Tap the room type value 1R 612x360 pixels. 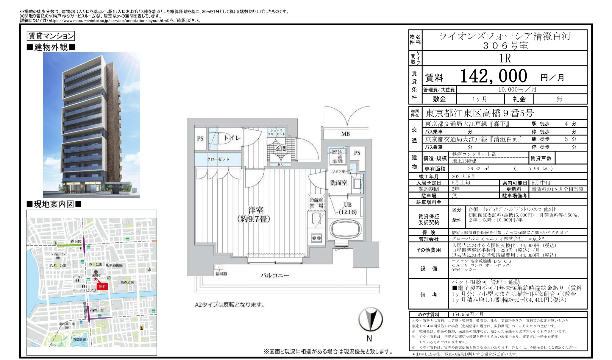(505, 58)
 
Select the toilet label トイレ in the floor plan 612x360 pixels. (232, 138)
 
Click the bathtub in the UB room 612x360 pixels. (345, 229)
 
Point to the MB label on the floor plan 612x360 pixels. (345, 134)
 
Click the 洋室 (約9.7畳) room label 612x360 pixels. (254, 215)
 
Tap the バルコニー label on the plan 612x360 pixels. (274, 275)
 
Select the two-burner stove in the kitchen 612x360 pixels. (316, 238)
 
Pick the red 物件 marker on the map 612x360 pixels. (102, 286)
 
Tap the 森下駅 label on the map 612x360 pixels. (76, 241)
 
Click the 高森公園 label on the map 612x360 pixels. (127, 282)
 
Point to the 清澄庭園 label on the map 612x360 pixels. (79, 339)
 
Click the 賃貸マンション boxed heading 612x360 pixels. (51, 36)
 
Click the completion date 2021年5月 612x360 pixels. (463, 176)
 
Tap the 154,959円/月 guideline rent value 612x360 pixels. (467, 314)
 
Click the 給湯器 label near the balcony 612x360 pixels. (221, 274)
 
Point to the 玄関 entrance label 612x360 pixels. (281, 149)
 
